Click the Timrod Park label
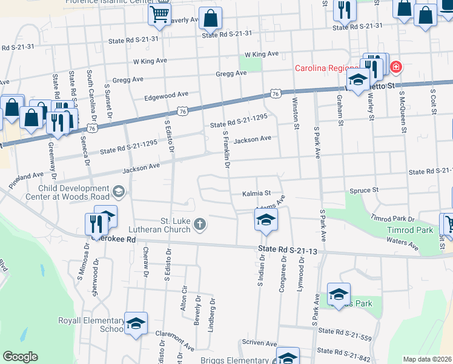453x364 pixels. [410, 231]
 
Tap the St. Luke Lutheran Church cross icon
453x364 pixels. [200, 226]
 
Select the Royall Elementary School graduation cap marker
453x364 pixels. [136, 323]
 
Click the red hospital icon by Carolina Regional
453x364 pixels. [395, 66]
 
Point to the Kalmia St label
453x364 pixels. [256, 193]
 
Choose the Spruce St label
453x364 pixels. [364, 190]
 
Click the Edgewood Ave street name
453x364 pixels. [166, 96]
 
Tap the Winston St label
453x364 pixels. [296, 112]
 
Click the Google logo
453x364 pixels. [20, 357]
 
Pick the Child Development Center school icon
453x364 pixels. [118, 193]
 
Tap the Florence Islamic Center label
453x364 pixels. [112, 2]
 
